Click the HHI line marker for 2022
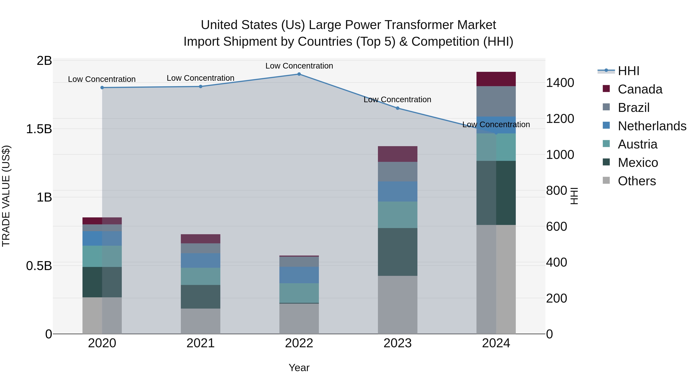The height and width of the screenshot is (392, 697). (299, 74)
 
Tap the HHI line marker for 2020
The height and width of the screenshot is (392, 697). (102, 88)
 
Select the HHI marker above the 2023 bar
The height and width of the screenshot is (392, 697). (397, 108)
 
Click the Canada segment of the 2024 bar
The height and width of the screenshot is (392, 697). (496, 79)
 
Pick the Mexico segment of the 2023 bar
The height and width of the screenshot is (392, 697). (397, 252)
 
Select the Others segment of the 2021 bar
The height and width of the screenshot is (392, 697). (201, 321)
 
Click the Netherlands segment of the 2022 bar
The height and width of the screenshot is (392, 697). (299, 275)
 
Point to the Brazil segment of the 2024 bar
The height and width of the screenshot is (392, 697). (496, 101)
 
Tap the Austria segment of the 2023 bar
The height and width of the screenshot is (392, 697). (397, 215)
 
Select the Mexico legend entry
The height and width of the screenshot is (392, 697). (638, 163)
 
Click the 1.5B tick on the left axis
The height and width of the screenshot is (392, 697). (39, 129)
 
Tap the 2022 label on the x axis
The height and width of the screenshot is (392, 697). (299, 343)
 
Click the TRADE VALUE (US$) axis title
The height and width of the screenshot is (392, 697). (6, 196)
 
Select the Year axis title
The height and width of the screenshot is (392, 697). (299, 368)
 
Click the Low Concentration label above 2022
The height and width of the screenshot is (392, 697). (299, 66)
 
